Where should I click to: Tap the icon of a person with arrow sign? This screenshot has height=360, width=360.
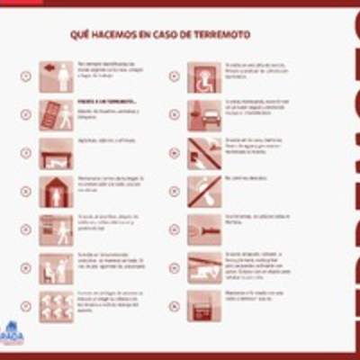(56, 76)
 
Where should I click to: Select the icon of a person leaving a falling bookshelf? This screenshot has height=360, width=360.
(56, 115)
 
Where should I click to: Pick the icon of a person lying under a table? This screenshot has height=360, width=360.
(56, 154)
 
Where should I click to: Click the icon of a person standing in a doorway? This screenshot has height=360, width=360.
(56, 192)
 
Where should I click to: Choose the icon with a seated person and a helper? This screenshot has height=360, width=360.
(56, 267)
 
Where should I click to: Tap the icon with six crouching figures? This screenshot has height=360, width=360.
(56, 306)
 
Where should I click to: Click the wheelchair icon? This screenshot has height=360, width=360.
(204, 76)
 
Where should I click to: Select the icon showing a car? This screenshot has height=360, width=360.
(204, 115)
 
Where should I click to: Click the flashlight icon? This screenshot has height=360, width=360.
(204, 229)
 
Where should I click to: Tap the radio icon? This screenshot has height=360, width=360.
(204, 306)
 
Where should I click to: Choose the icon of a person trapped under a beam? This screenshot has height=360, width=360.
(204, 267)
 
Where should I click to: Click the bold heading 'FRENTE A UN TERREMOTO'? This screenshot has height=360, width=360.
(98, 103)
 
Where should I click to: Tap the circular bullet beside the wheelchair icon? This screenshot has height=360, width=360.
(174, 76)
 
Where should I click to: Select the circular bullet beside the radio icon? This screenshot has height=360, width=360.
(174, 306)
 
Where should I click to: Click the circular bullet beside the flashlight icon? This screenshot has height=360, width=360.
(174, 229)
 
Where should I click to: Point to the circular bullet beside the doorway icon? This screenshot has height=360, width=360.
(25, 192)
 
